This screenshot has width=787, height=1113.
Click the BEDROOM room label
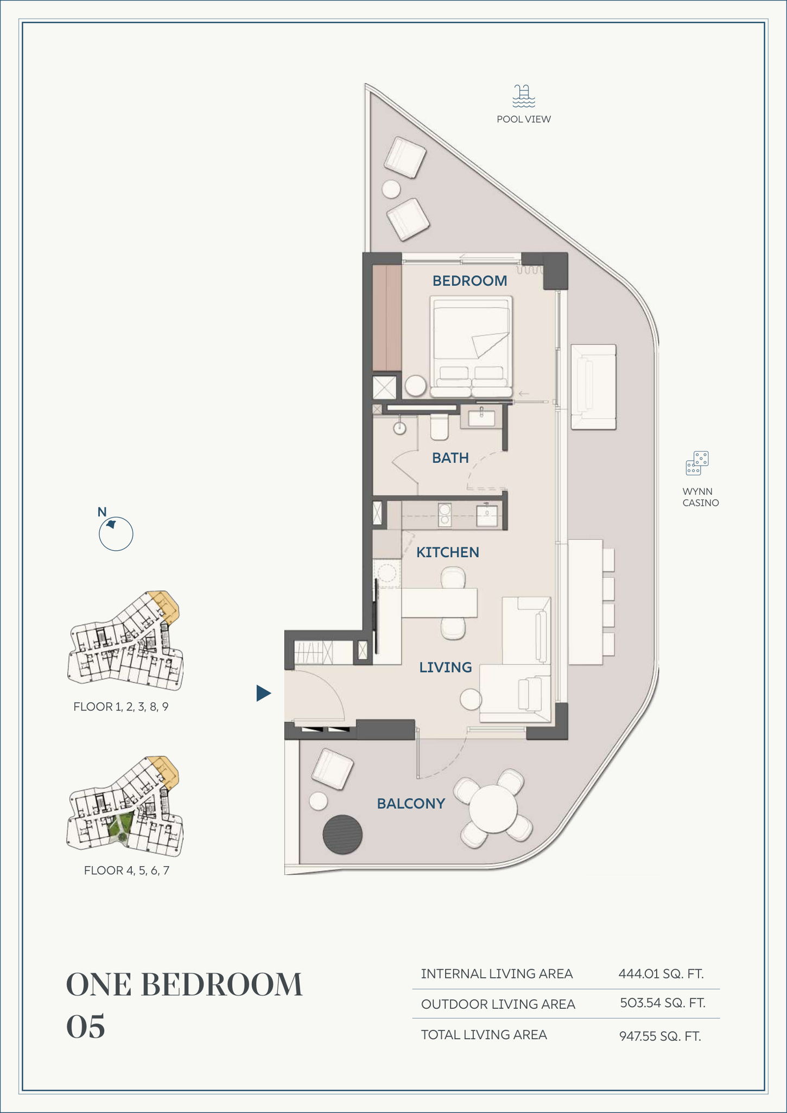coord(469,281)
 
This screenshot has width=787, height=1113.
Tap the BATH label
coord(450,458)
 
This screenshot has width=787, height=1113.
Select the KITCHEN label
coord(448,552)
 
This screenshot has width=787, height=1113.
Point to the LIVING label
coord(446,667)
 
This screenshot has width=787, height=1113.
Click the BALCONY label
coord(411,804)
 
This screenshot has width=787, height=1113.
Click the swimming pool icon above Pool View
coord(524,96)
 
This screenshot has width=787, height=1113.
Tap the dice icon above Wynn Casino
coord(697,463)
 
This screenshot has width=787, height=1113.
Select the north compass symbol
coord(116,533)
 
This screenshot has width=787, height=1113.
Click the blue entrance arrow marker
coord(263,693)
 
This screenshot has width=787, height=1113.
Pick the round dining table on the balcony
coord(493,809)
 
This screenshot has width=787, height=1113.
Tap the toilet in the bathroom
coord(439,428)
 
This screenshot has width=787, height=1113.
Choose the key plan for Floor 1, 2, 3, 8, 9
coord(125,641)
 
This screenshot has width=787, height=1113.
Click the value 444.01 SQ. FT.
coord(661,974)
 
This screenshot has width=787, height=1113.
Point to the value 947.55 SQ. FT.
coord(660,1036)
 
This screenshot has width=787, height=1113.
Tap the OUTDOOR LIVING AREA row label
coord(498,1004)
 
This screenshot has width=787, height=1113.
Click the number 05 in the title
coord(85,1027)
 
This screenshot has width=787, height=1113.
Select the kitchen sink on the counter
coord(486,515)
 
